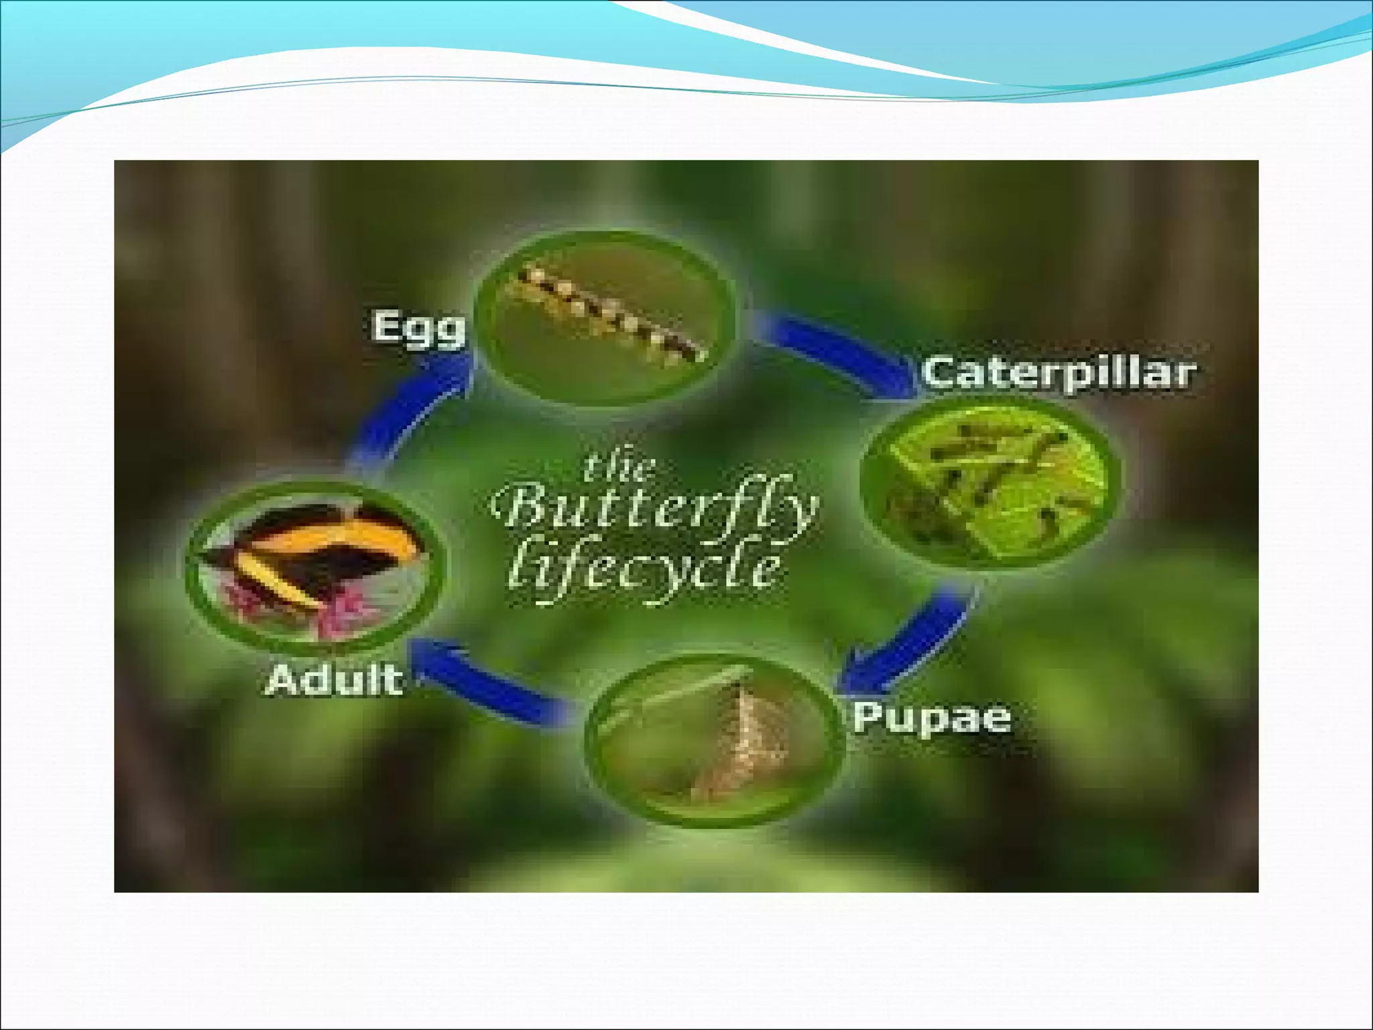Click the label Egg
pyautogui.click(x=418, y=329)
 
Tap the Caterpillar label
pyautogui.click(x=1058, y=373)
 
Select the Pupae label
pyautogui.click(x=931, y=718)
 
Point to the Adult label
pyautogui.click(x=335, y=680)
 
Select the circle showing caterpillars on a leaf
pyautogui.click(x=989, y=483)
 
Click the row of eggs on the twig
pyautogui.click(x=607, y=315)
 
